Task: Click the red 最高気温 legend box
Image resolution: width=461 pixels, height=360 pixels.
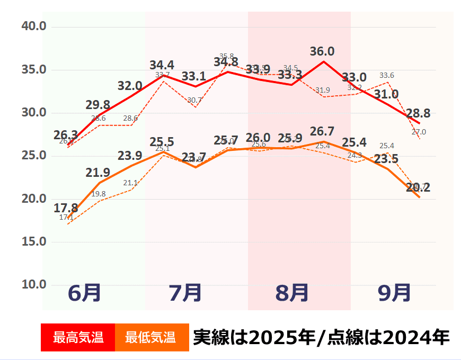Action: (x=78, y=337)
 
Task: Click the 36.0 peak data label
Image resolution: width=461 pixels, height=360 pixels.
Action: (x=322, y=51)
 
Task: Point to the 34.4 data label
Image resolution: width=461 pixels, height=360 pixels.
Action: (x=162, y=65)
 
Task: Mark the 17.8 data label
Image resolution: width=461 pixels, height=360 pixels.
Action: (x=66, y=208)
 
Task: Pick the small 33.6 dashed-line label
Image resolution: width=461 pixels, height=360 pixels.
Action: (x=387, y=76)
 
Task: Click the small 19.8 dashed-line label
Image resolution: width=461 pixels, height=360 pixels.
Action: (x=99, y=194)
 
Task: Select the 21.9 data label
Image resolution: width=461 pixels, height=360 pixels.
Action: (x=97, y=173)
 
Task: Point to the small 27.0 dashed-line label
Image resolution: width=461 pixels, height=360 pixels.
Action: (x=419, y=132)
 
